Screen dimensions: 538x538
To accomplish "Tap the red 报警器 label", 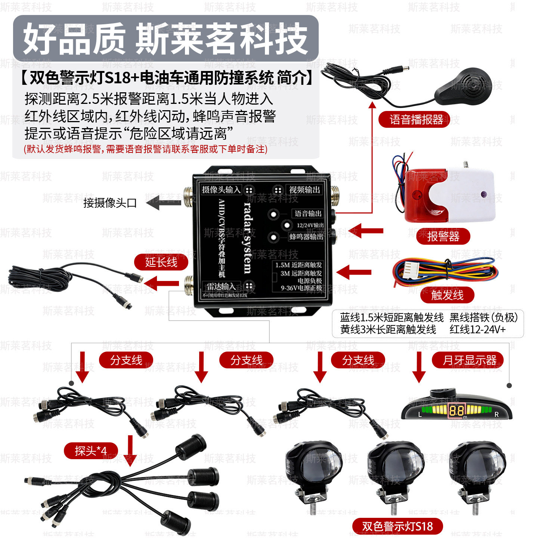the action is point(443,236).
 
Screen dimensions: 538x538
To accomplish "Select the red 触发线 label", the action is point(447,295).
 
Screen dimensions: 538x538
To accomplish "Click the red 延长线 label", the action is point(161,262).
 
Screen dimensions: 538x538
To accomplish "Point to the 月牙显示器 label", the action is point(469,360).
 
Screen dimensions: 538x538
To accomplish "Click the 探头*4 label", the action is point(91,451).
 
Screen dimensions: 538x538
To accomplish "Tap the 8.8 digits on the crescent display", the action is point(457,411).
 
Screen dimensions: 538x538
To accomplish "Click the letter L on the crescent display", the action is point(420,414).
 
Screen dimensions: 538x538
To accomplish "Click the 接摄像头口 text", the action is point(110,203).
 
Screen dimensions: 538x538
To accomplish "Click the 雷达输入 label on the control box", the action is point(221,287).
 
